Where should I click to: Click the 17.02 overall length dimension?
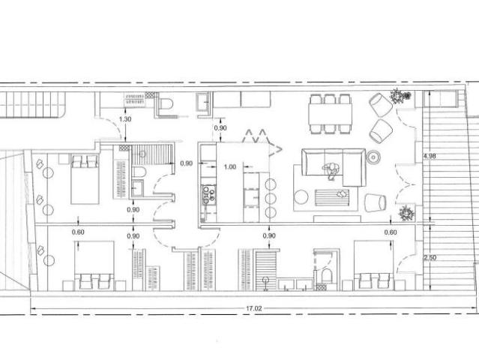(254, 308)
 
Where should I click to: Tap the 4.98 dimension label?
(430, 156)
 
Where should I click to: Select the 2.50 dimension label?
(430, 257)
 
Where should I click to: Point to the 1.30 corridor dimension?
(125, 119)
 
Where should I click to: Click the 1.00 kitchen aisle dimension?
(230, 166)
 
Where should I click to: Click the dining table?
(330, 114)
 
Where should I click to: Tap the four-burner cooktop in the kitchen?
(209, 194)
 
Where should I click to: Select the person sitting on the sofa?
(331, 170)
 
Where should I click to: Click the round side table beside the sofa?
(373, 157)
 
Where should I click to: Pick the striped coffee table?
(332, 197)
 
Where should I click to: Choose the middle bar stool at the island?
(271, 199)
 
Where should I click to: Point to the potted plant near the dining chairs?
(397, 96)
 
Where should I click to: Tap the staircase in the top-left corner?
(32, 104)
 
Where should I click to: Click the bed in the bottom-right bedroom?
(373, 265)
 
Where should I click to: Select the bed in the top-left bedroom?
(85, 178)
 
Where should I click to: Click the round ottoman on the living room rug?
(301, 196)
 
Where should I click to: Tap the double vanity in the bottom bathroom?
(295, 284)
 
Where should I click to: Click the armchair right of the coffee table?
(375, 202)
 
